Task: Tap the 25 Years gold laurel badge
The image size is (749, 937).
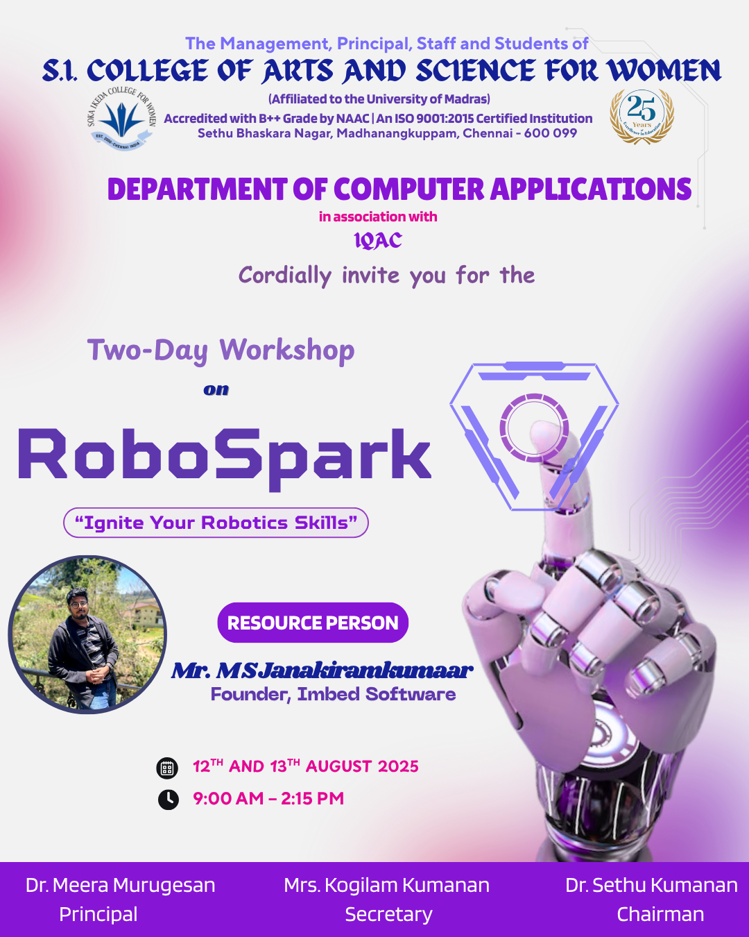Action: (x=642, y=116)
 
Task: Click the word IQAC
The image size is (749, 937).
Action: (x=378, y=240)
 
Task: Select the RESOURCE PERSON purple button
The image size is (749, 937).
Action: (x=313, y=623)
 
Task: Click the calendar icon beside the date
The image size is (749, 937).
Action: (x=167, y=768)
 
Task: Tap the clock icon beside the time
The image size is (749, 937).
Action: (x=168, y=800)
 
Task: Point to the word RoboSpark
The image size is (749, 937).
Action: (x=225, y=457)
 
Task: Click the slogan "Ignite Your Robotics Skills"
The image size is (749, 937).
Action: (x=216, y=523)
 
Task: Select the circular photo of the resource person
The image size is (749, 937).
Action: (x=87, y=634)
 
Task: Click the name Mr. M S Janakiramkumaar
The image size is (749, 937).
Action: (x=322, y=670)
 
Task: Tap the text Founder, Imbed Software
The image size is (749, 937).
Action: (x=334, y=695)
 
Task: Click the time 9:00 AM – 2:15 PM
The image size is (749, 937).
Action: (x=268, y=799)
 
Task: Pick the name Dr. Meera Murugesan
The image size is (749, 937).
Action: (x=121, y=885)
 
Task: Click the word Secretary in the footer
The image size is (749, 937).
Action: (x=388, y=914)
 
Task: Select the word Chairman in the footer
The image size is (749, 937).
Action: (x=660, y=914)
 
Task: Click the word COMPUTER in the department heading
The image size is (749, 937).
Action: (x=408, y=189)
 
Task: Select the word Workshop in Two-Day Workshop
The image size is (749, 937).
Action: (x=287, y=351)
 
